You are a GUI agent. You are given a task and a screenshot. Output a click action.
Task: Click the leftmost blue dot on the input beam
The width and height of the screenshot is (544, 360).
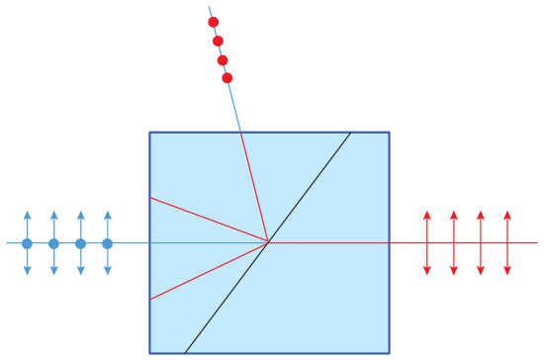click(x=27, y=243)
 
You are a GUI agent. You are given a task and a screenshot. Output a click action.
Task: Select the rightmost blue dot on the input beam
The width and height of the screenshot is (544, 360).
click(x=107, y=243)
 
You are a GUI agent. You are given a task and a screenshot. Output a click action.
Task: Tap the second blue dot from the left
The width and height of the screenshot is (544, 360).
click(x=53, y=243)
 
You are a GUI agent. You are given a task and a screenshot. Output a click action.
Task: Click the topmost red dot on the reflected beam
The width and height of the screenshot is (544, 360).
click(x=214, y=22)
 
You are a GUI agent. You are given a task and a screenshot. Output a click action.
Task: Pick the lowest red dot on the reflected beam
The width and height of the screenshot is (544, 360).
click(x=227, y=77)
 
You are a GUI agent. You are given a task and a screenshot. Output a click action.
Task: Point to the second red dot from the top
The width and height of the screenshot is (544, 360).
click(x=219, y=41)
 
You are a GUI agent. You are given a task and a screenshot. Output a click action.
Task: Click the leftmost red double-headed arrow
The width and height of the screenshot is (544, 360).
click(x=426, y=242)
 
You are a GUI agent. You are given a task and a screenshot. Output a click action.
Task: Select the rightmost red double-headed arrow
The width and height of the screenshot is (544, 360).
click(x=507, y=242)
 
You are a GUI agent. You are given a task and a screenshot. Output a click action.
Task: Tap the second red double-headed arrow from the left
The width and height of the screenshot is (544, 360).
click(x=453, y=242)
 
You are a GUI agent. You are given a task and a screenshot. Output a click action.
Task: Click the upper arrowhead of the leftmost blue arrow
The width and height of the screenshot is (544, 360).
click(x=27, y=214)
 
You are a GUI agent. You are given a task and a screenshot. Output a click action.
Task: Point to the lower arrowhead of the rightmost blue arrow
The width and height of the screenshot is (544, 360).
click(x=107, y=272)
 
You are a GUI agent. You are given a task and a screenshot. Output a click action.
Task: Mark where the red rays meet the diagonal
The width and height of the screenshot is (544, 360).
click(x=269, y=241)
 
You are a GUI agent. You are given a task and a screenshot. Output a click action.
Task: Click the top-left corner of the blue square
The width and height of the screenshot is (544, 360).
click(x=150, y=133)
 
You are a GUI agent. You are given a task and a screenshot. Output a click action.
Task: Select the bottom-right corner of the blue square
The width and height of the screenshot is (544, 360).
click(x=389, y=352)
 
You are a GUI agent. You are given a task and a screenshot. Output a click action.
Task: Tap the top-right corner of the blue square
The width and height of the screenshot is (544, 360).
click(x=389, y=133)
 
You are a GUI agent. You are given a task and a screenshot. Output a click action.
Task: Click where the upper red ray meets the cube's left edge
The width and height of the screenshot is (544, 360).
click(x=150, y=198)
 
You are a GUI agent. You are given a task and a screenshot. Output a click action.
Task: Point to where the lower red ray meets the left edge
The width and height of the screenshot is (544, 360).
click(x=150, y=299)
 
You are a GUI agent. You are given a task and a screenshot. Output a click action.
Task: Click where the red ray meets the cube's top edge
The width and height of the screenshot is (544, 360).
click(x=241, y=133)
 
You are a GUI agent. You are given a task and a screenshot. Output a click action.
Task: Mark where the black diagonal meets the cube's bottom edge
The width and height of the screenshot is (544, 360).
click(x=185, y=352)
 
